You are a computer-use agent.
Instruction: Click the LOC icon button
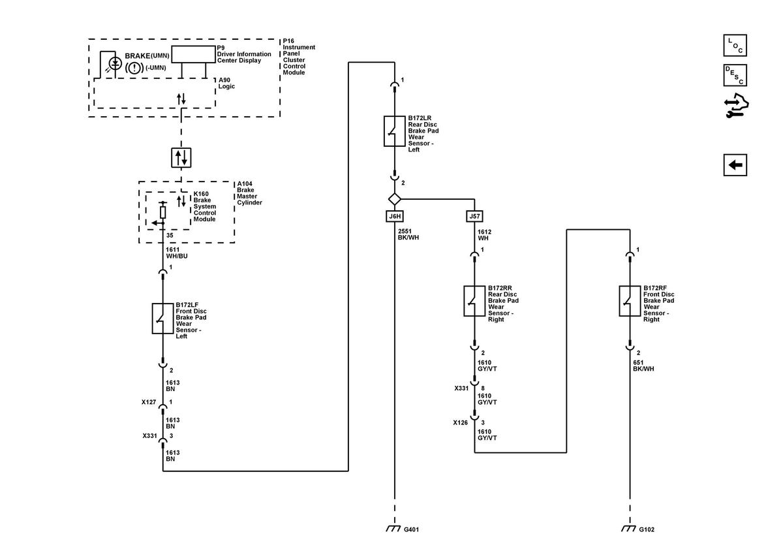pos(735,45)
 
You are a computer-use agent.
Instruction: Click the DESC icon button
pos(735,75)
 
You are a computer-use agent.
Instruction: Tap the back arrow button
pos(735,165)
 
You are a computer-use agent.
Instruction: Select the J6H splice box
pos(395,216)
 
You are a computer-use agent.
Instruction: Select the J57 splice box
pos(474,216)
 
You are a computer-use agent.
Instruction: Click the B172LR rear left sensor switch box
pos(394,131)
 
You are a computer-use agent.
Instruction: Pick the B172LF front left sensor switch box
pos(162,319)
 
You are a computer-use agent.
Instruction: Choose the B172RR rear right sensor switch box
pos(474,301)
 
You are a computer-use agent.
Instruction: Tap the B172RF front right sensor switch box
pos(630,301)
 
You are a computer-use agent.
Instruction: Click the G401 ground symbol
pos(393,529)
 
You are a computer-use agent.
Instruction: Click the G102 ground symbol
pos(628,529)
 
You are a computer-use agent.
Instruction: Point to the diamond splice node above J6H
pos(395,199)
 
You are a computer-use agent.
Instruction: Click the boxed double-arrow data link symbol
pos(181,157)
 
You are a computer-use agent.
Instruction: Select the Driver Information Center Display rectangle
pos(193,54)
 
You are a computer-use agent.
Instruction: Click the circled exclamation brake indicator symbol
pos(134,67)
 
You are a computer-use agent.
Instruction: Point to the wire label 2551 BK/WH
pos(408,234)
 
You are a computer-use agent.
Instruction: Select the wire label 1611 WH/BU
pos(177,253)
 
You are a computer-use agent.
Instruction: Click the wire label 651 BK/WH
pos(643,366)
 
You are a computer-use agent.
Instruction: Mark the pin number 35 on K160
pos(170,236)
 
